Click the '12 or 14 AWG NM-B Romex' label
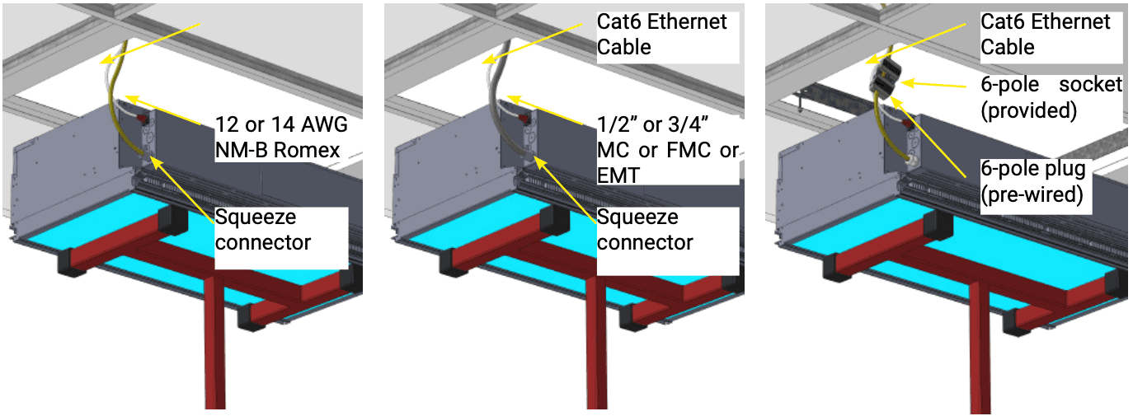click(x=280, y=137)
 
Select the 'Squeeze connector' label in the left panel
click(x=263, y=230)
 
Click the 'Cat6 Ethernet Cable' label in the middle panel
click(x=662, y=34)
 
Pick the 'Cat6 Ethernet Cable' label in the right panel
click(x=1046, y=34)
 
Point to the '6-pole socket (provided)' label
click(x=1051, y=97)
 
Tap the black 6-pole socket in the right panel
click(x=883, y=78)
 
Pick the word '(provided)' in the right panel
click(x=1029, y=110)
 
